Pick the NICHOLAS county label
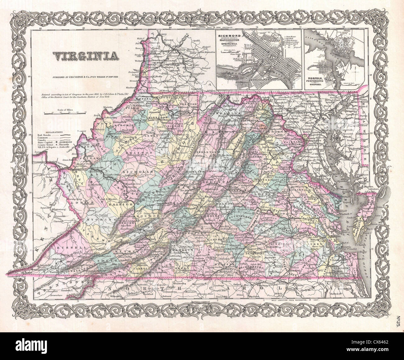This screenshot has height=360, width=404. tap(133, 172)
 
